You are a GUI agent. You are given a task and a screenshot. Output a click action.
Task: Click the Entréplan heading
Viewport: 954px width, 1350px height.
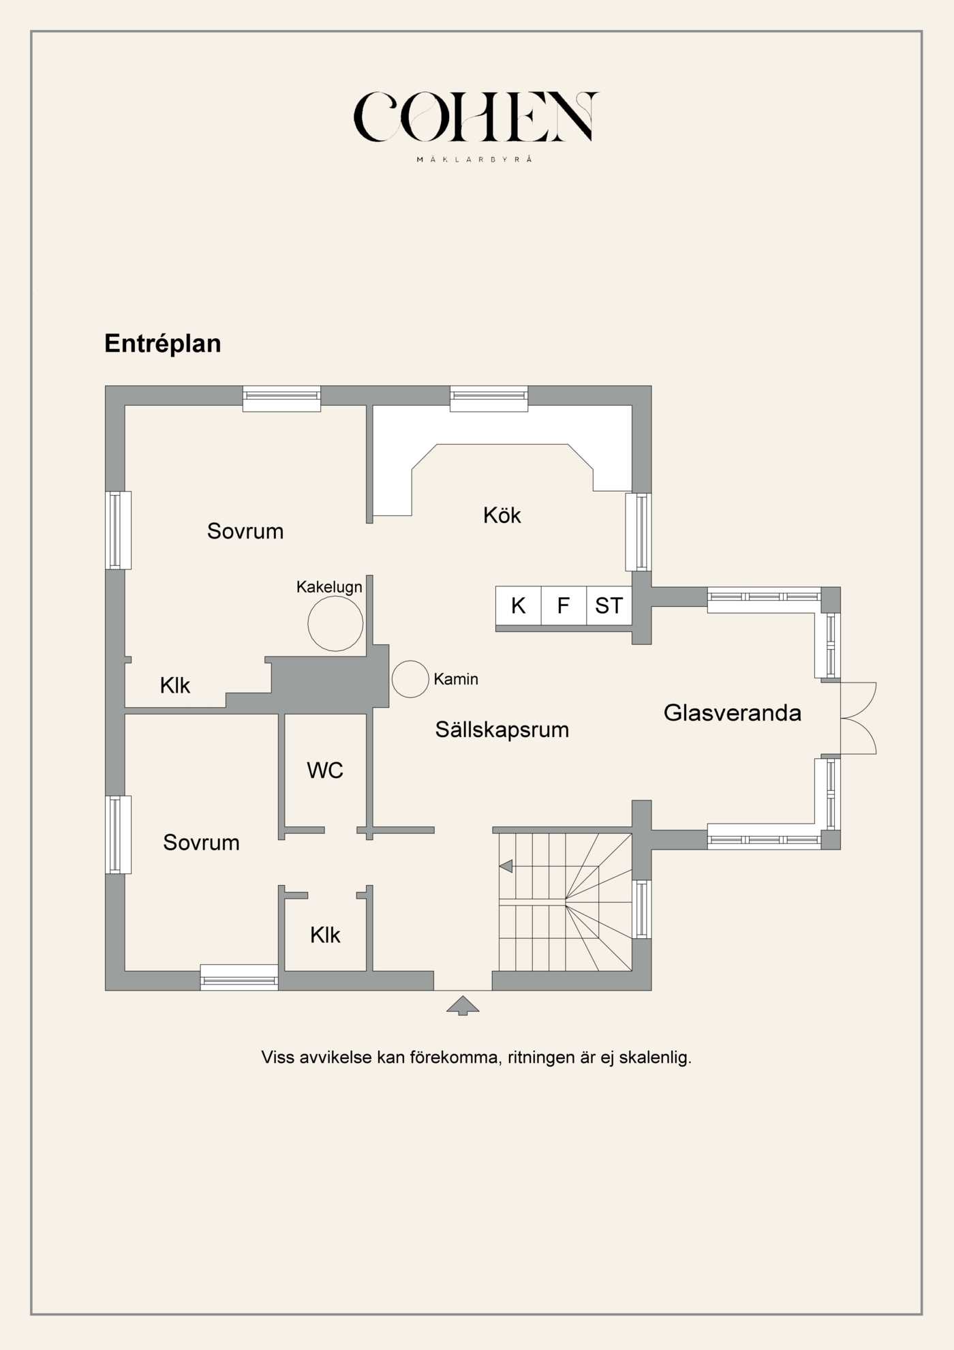pos(162,344)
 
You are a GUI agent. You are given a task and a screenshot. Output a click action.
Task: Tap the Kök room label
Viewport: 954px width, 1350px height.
pos(502,515)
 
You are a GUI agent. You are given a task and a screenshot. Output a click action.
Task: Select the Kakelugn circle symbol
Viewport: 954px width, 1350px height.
pos(335,623)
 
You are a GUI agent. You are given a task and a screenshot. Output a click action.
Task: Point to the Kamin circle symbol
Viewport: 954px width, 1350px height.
pos(410,679)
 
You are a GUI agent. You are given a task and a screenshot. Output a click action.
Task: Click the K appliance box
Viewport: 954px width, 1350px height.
pos(518,605)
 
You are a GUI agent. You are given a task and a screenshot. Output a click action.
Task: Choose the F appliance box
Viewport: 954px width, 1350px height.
pos(564,605)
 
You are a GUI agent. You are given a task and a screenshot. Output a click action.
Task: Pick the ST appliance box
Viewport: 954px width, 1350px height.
pos(609,605)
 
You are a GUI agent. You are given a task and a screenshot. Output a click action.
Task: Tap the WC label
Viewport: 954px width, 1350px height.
pos(325,770)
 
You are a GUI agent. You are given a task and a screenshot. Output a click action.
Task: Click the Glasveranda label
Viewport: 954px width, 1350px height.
pos(732,713)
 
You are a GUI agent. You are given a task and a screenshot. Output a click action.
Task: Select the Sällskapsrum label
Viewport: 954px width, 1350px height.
pos(502,730)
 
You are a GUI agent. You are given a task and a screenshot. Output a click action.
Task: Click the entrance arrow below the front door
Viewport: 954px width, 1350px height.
pos(463,1005)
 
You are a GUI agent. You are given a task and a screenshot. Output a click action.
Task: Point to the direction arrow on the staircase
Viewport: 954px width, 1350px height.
pos(506,866)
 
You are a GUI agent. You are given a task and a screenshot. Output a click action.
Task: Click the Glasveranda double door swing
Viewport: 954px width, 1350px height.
pos(859,718)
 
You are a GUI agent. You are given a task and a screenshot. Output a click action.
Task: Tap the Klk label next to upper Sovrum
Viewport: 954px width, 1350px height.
pos(174,686)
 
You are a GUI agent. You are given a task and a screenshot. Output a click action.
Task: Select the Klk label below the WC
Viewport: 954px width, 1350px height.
pos(325,935)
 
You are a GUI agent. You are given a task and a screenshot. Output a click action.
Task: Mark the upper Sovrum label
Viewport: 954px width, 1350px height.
pos(245,531)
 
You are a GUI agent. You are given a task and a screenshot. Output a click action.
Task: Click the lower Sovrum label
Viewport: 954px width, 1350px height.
pos(201,843)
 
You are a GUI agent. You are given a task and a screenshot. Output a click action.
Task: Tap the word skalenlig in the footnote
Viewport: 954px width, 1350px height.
pos(655,1057)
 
